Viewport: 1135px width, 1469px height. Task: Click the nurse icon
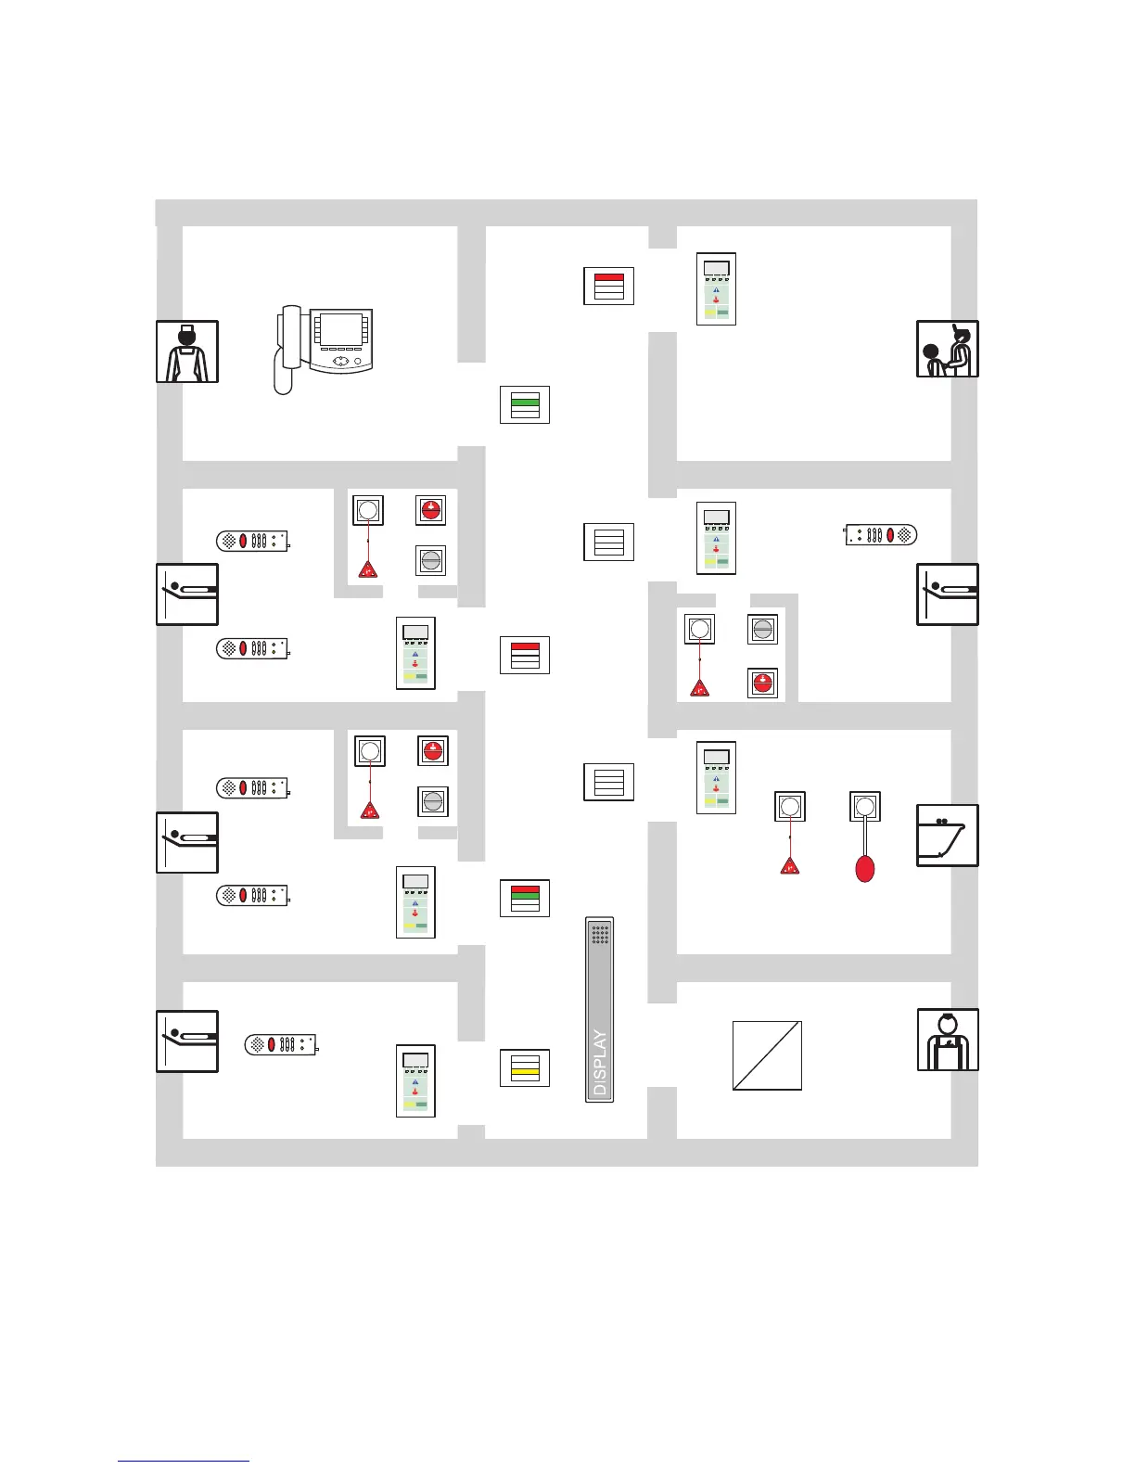pos(187,351)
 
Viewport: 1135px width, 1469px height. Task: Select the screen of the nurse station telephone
pos(340,329)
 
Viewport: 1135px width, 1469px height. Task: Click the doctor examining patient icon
pos(947,349)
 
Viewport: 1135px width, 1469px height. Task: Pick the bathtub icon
pos(947,836)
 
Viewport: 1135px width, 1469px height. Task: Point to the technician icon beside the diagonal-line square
pos(947,1040)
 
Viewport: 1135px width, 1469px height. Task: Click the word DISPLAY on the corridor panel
pos(600,1063)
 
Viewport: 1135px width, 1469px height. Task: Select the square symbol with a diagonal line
pos(767,1055)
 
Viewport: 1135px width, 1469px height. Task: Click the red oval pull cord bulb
pos(864,868)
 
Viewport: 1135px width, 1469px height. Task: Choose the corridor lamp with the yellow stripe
pos(525,1067)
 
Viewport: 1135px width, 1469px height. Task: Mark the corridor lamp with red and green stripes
pos(525,898)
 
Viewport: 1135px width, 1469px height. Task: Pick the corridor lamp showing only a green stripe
pos(525,405)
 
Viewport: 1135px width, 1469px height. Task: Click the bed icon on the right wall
pos(947,594)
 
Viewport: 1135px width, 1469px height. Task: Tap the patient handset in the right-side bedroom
pos(881,534)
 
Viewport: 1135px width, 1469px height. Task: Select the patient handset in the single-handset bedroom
pos(281,1044)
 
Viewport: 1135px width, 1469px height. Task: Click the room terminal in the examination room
pos(716,288)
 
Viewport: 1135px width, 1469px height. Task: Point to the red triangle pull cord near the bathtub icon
pos(790,867)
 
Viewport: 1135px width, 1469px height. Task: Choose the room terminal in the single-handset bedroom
pos(415,1080)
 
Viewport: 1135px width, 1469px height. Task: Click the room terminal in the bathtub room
pos(716,777)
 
